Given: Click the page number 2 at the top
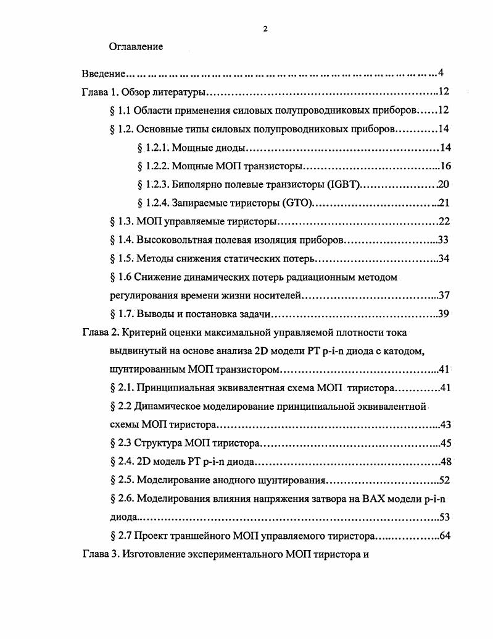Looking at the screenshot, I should tap(265, 28).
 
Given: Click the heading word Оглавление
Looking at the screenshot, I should tap(136, 46).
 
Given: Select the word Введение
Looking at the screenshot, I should tap(99, 74).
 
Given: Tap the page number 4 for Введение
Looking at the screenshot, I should tap(441, 73).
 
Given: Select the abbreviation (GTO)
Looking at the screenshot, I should tap(297, 203).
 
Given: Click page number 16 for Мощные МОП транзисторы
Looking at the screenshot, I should tap(446, 166).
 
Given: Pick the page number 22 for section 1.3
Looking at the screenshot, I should tap(444, 221).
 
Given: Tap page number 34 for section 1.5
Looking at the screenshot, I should tap(444, 258).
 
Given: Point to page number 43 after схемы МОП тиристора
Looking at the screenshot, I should tap(444, 425).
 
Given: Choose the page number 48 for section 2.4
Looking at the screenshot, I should tap(444, 462).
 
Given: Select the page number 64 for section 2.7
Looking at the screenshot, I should tap(444, 535).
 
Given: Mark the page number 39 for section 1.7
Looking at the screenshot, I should tap(444, 313).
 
